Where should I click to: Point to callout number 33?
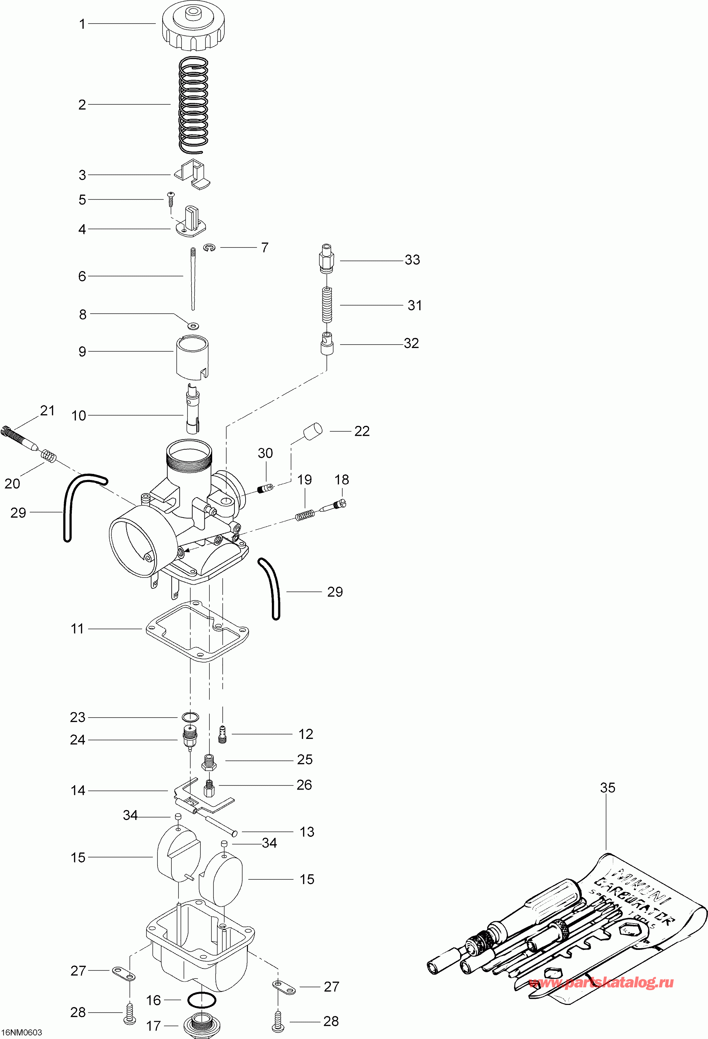click(x=412, y=260)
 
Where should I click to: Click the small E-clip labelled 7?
click(x=209, y=248)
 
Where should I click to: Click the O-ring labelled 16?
click(x=202, y=1000)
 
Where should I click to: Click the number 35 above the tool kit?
click(x=607, y=788)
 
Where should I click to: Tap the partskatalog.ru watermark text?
click(x=601, y=983)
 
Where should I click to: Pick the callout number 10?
click(x=79, y=416)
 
